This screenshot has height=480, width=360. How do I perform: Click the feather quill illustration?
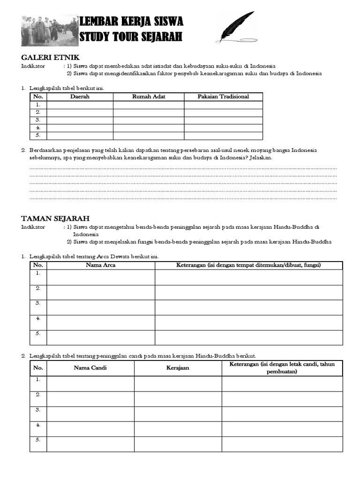pos(236,27)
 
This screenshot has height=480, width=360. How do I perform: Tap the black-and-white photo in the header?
pos(49,30)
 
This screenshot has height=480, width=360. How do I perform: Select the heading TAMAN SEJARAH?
pos(55,218)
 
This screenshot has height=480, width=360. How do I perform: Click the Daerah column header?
pos(80,97)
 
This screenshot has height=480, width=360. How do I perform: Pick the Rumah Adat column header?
pos(149,97)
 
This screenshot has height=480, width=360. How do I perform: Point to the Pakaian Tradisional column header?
pos(223,97)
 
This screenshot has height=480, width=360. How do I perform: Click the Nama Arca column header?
pos(101,265)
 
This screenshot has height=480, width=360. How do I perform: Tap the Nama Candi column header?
pos(90,368)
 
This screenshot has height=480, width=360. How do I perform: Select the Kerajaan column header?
pos(178,368)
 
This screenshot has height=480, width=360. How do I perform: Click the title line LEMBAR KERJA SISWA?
pos(132,22)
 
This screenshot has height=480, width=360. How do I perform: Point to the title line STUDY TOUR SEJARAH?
pos(131,37)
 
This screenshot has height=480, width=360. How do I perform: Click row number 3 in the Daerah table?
pos(38,120)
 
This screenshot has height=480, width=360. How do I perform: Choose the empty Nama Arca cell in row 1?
pos(101,277)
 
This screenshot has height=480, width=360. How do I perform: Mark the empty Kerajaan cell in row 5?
pos(178,444)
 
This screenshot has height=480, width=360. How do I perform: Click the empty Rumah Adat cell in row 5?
pos(149,135)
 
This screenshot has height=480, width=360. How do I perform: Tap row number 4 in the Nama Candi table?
pos(38,425)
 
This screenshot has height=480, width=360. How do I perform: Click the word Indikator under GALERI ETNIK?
pos(33,66)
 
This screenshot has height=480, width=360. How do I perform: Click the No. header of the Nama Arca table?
pos(38,265)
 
